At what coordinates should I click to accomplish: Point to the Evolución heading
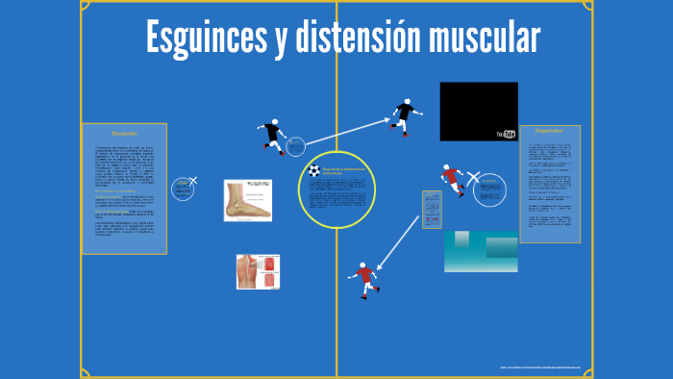(x=125, y=132)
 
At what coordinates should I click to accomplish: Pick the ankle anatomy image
(x=248, y=200)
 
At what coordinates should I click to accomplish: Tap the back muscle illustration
(x=260, y=271)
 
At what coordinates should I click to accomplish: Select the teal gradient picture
(x=481, y=251)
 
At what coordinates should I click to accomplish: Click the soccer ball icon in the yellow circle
(x=313, y=170)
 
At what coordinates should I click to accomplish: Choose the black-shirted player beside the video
(x=405, y=114)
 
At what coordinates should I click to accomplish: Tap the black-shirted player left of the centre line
(x=272, y=136)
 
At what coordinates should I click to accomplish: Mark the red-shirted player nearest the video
(x=451, y=180)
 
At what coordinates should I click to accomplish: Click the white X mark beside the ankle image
(x=193, y=180)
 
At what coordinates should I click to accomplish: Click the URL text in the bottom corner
(x=541, y=366)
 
